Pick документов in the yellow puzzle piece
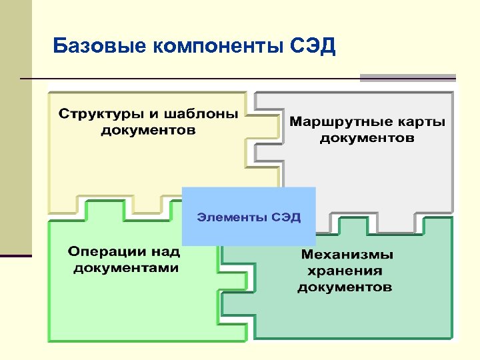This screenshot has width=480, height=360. (x=149, y=130)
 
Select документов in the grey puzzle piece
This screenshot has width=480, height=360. (x=367, y=139)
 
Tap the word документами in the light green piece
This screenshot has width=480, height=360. (x=126, y=268)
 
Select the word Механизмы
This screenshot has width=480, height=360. (x=347, y=255)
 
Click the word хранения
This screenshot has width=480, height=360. (x=345, y=271)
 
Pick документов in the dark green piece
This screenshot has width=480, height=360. (x=345, y=287)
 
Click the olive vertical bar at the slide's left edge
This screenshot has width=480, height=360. (x=15, y=127)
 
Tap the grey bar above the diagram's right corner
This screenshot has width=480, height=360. (x=408, y=77)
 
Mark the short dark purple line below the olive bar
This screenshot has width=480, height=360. (x=15, y=255)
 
